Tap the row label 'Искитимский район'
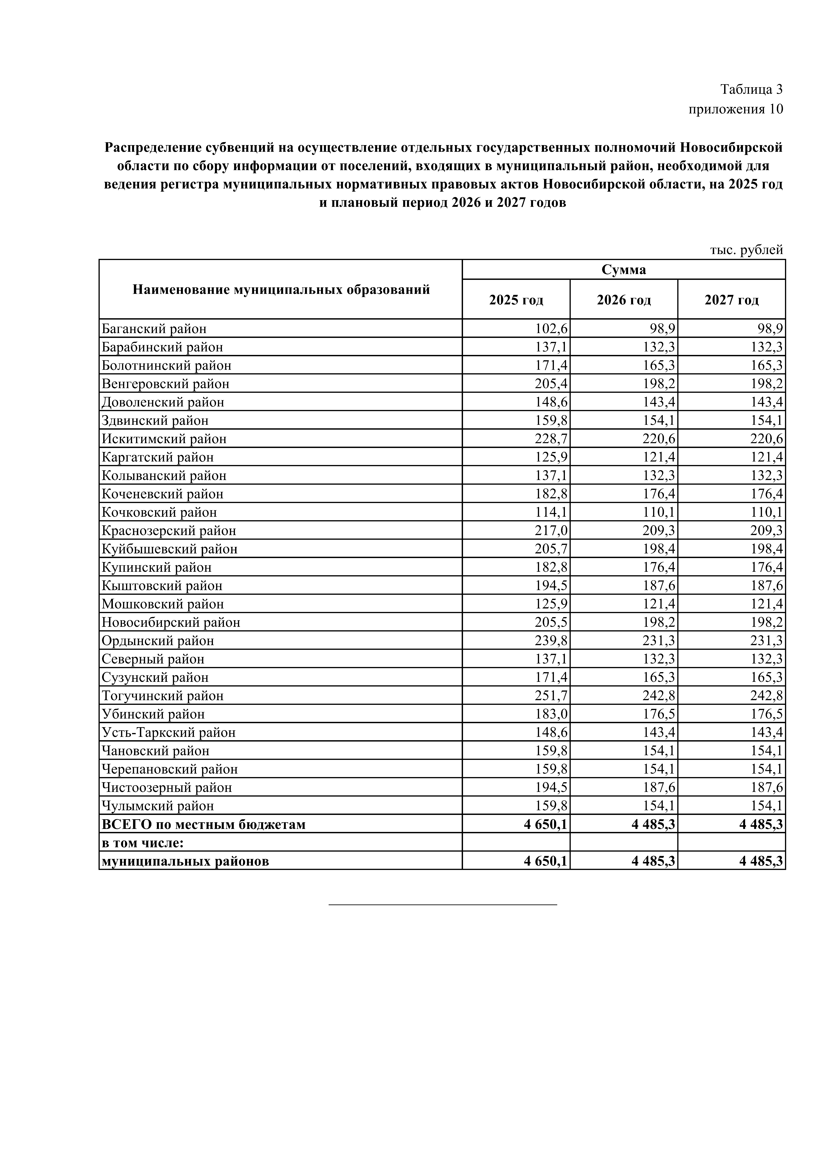pos(164,439)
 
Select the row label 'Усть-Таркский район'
pos(169,732)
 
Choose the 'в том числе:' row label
pos(143,842)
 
